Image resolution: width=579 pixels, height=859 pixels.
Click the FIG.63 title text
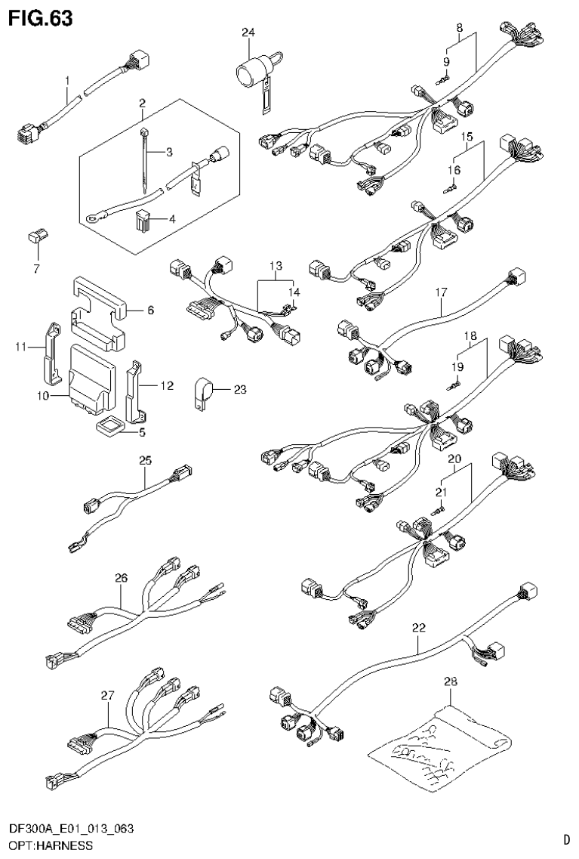[x=41, y=18]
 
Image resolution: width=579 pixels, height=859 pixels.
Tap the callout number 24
[x=249, y=32]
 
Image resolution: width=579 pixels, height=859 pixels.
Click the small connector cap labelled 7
[x=35, y=239]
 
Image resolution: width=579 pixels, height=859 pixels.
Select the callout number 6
[x=149, y=310]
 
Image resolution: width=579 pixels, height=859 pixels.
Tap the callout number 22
[x=420, y=626]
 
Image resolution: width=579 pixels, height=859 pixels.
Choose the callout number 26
[x=120, y=578]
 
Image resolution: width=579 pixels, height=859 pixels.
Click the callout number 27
[x=107, y=694]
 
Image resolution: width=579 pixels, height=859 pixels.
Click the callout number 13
[x=276, y=266]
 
